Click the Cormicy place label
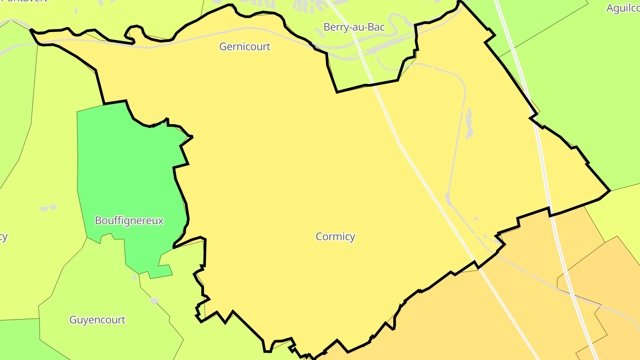click(335, 236)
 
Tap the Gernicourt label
click(244, 47)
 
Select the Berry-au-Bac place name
click(354, 27)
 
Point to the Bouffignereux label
click(129, 220)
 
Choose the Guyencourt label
click(97, 320)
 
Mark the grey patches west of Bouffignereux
click(48, 208)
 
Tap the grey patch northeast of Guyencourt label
click(154, 301)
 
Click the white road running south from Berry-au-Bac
click(387, 116)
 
